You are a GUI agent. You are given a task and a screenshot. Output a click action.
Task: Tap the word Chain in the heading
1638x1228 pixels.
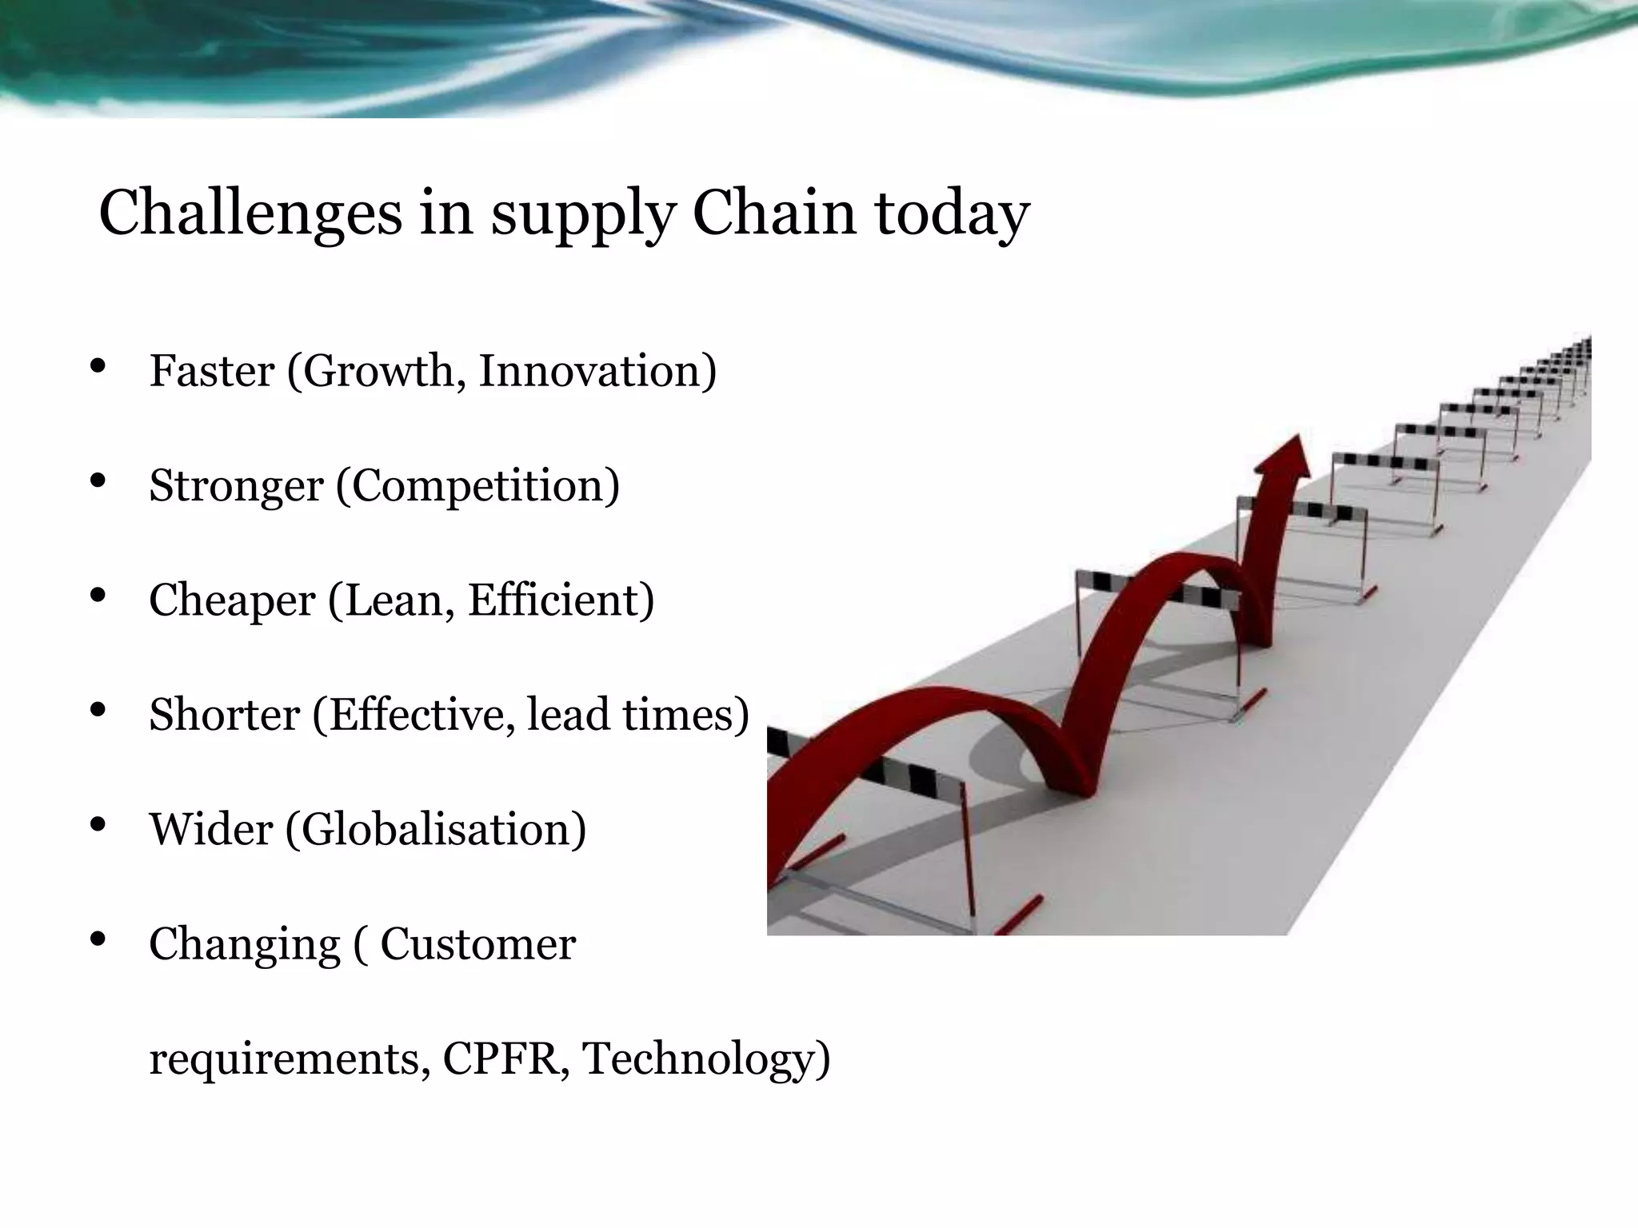click(x=773, y=213)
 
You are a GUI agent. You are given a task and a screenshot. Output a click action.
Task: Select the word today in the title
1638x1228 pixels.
click(x=952, y=214)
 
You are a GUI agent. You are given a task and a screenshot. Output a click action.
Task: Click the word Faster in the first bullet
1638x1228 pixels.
click(x=211, y=371)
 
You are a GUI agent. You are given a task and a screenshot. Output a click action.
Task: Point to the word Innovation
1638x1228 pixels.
click(x=596, y=371)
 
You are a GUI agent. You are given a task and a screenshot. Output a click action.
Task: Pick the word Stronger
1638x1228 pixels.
click(x=235, y=486)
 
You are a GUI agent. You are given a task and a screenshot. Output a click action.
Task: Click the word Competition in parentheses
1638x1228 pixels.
click(x=477, y=486)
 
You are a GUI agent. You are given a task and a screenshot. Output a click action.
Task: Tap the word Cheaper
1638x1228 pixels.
click(x=232, y=600)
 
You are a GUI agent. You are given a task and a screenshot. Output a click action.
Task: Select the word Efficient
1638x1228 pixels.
click(x=560, y=600)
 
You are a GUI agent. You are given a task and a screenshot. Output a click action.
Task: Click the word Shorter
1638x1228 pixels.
click(x=224, y=714)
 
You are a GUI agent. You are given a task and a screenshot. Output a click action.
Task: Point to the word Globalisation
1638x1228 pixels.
click(x=436, y=829)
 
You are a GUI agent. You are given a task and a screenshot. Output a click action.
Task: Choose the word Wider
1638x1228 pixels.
click(x=211, y=829)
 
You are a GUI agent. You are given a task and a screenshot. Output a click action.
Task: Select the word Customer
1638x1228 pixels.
click(x=477, y=943)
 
